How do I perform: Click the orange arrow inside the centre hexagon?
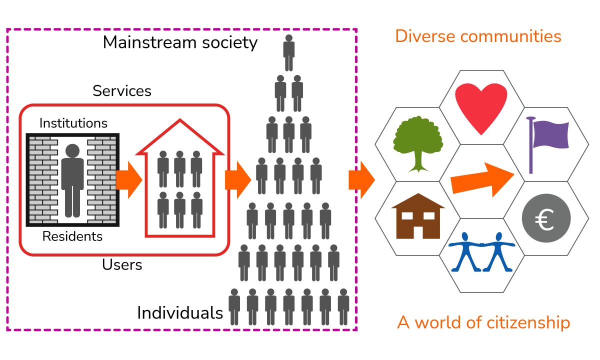482,180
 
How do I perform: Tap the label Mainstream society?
180,42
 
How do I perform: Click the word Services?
122,90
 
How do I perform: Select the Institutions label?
73,122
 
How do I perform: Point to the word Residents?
72,236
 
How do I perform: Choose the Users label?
122,264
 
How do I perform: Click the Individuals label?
180,313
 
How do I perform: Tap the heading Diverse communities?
478,36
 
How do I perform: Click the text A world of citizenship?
483,323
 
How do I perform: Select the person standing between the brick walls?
72,180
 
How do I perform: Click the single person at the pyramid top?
288,53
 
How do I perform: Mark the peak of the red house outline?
179,121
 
